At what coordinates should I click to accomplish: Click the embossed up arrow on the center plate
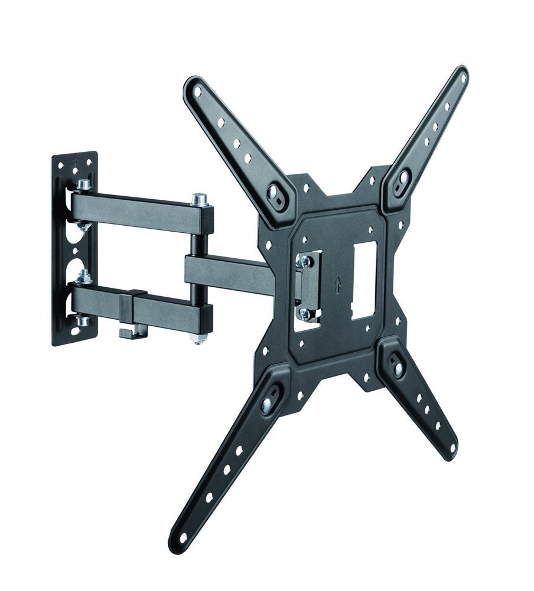337,286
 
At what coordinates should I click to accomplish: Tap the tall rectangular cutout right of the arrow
363,281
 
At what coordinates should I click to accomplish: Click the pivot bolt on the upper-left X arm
276,192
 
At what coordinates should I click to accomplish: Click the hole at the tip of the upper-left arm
197,92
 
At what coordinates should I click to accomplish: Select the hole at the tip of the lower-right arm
451,448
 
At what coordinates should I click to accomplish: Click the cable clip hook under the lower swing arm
131,333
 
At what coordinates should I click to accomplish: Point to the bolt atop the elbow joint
200,200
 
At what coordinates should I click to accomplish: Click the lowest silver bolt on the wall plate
82,321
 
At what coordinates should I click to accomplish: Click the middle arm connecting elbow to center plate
230,272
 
